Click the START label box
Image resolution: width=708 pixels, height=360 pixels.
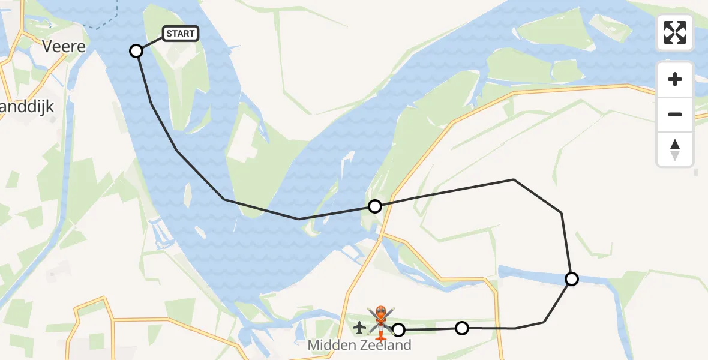tap(180, 34)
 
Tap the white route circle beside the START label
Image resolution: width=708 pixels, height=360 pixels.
tap(136, 51)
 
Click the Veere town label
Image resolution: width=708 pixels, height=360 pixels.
tap(64, 46)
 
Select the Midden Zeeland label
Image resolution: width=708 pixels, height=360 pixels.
tap(359, 345)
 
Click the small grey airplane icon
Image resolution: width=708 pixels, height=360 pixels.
tap(359, 328)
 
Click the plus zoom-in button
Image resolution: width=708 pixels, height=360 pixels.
tap(675, 79)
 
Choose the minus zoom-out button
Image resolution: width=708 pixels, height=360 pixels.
tap(675, 114)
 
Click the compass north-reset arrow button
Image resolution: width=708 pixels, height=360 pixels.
tap(675, 149)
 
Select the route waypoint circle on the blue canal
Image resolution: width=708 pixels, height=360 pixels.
tap(572, 279)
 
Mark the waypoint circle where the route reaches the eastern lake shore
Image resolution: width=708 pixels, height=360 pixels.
tap(375, 206)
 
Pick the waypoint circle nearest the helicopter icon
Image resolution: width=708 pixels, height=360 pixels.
tap(398, 329)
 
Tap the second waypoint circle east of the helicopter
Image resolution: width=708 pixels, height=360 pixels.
tap(462, 328)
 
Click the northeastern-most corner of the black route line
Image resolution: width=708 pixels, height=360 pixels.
tap(514, 179)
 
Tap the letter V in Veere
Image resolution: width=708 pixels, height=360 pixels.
tap(47, 46)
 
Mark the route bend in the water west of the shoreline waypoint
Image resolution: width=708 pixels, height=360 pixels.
tap(299, 219)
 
